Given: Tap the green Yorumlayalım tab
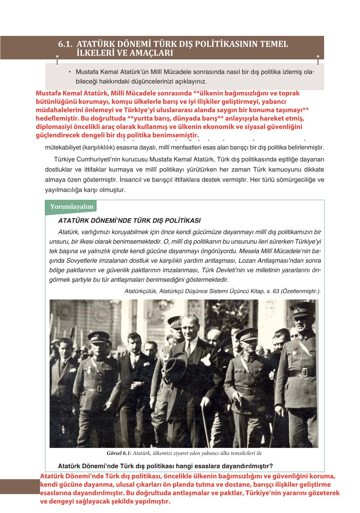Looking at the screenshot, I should pyautogui.click(x=71, y=207).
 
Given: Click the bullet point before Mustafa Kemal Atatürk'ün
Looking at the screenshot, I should pyautogui.click(x=69, y=72).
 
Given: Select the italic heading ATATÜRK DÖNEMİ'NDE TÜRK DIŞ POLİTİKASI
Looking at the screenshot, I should pyautogui.click(x=129, y=221).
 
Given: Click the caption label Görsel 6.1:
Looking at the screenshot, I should pyautogui.click(x=119, y=454).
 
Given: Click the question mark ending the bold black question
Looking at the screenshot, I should pyautogui.click(x=271, y=466).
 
